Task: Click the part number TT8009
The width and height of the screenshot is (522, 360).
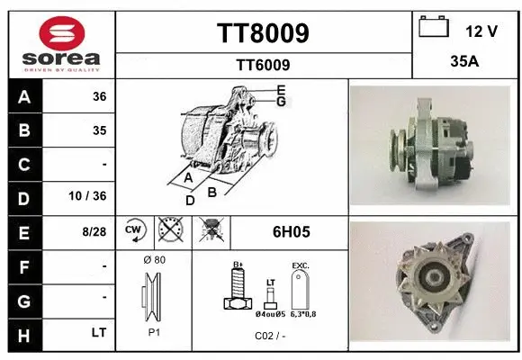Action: click(263, 33)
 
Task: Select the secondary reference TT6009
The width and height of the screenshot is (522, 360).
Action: click(263, 65)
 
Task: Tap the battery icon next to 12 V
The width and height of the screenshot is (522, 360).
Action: click(434, 29)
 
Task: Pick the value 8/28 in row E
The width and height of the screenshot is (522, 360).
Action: click(94, 231)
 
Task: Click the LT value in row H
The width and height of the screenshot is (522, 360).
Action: click(99, 332)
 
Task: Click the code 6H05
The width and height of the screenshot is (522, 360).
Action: click(291, 231)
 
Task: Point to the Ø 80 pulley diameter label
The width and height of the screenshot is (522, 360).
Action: click(153, 260)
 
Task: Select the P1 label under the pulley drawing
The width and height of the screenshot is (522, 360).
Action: click(154, 332)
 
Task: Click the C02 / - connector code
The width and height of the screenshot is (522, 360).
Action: click(270, 335)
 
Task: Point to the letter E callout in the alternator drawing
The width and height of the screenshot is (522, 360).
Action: click(281, 89)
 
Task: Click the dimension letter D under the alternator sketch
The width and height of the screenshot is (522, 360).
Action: click(190, 200)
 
